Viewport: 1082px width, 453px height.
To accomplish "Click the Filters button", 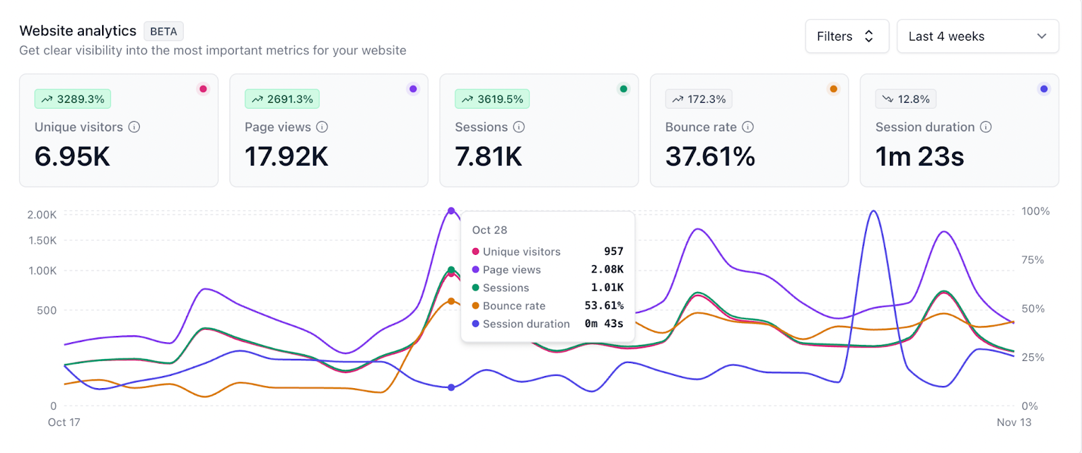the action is pos(847,37).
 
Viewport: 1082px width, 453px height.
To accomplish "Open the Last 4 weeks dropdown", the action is pos(978,37).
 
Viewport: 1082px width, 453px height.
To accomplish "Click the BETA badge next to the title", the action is pos(163,31).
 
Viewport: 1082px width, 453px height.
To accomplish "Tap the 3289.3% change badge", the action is pos(72,99).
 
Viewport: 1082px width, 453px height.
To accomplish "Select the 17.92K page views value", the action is pos(287,156).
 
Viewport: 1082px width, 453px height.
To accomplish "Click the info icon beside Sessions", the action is pos(519,127).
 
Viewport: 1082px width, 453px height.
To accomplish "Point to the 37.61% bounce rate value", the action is pos(710,156).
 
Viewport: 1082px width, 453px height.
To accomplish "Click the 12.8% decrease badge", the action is pos(905,99).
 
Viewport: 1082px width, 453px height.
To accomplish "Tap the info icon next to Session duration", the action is pos(986,127).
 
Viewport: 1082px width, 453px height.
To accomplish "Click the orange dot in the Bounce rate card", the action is pos(833,89).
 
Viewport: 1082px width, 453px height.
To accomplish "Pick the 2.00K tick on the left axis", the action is pos(42,215).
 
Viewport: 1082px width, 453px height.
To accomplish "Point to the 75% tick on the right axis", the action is pos(1033,260).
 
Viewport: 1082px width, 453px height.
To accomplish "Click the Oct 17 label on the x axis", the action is pos(64,422).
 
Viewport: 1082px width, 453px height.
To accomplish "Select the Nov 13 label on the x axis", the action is pos(1014,422).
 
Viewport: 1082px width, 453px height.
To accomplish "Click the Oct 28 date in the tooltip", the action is pos(490,230).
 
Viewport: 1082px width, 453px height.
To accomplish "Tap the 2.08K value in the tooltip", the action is pos(607,270).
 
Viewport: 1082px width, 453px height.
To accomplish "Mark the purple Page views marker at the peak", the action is pos(451,210).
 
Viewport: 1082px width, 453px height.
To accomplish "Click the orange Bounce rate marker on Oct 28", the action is pos(451,302).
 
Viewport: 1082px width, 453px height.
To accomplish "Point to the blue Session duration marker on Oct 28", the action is pos(451,387).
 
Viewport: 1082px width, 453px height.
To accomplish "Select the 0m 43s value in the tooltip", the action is pos(604,324).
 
